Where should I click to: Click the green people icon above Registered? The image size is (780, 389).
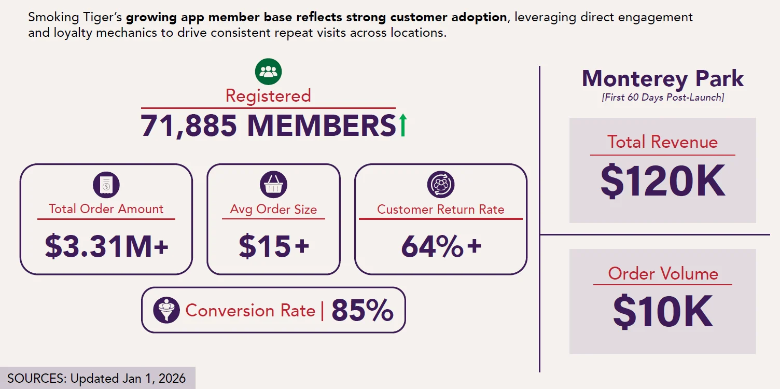[268, 72]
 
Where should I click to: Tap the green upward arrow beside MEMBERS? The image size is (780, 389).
[403, 125]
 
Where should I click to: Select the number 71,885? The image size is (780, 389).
[189, 126]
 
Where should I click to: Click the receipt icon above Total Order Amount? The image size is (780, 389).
[106, 185]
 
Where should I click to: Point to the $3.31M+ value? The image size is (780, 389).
[106, 246]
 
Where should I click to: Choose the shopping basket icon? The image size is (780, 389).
[273, 184]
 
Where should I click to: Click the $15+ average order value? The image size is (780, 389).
[274, 246]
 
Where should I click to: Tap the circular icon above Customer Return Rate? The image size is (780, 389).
[440, 184]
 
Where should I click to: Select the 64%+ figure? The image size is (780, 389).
[441, 246]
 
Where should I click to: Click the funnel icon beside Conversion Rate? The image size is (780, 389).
[166, 310]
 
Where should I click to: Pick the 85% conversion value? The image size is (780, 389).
[363, 310]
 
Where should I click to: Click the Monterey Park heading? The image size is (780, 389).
[663, 78]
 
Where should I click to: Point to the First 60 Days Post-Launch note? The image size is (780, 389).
[663, 97]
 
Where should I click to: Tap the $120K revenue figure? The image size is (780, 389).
[663, 180]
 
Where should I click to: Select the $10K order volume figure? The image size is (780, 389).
[663, 311]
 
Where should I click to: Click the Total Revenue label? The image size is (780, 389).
[663, 142]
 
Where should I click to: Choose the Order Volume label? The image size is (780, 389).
[663, 273]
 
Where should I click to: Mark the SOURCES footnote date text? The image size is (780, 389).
[96, 378]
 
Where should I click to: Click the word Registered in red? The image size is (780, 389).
[268, 96]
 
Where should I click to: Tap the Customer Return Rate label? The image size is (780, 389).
[440, 210]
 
